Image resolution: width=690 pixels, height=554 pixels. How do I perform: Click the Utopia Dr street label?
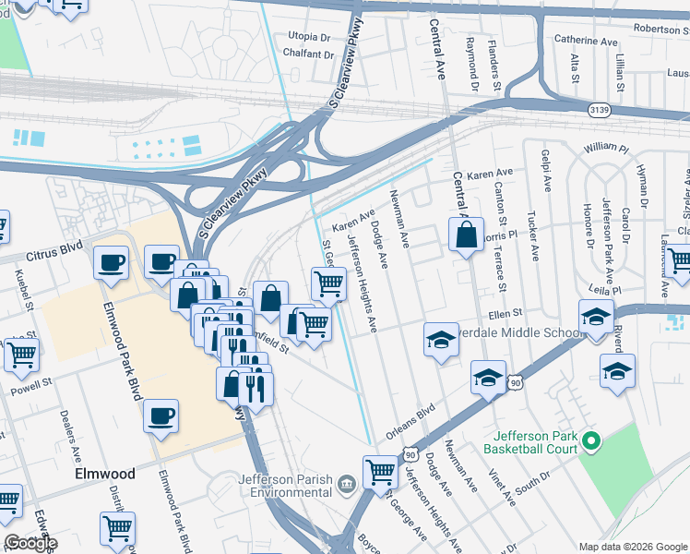click(x=309, y=37)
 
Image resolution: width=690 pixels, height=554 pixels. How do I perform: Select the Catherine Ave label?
click(x=586, y=42)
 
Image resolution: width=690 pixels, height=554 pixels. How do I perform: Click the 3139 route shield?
click(x=600, y=110)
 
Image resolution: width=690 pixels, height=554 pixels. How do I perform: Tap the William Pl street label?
click(x=605, y=148)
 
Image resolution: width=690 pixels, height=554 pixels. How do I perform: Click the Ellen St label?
click(x=506, y=314)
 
